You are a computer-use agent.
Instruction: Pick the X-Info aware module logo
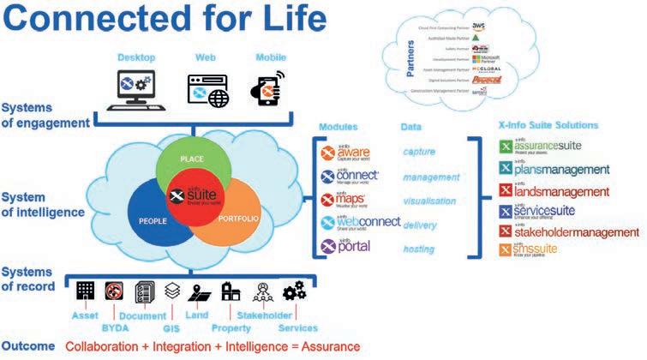click(350, 153)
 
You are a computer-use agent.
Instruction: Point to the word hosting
click(419, 248)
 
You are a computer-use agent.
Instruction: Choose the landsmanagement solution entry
click(560, 191)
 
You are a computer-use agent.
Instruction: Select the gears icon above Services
click(295, 291)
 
